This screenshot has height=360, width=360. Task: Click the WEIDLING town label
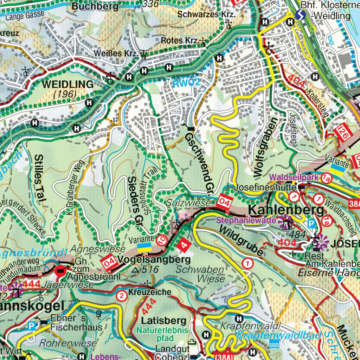click(68, 84)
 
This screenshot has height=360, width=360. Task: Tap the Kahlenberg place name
click(286, 210)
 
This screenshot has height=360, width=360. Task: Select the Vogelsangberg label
click(154, 260)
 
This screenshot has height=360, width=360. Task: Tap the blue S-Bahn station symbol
click(300, 15)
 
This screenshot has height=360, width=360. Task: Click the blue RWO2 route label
click(186, 83)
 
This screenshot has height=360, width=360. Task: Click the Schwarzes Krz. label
click(206, 14)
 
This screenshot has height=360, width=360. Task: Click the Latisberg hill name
click(163, 321)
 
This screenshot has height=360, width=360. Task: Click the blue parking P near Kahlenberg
click(311, 223)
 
